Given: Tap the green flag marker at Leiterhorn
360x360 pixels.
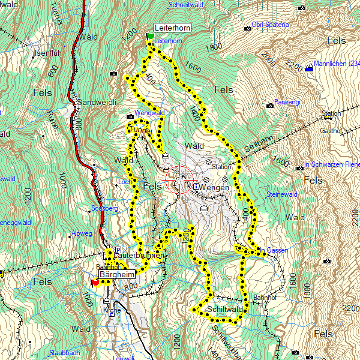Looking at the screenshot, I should [150, 37].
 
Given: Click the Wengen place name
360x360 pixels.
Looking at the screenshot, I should [215, 188].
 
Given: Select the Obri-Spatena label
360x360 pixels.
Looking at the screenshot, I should [271, 25].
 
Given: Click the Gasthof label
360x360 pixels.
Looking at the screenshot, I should [330, 130].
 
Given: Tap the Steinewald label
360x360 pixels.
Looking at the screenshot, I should [282, 194].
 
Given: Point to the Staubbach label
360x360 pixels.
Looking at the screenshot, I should [65, 353].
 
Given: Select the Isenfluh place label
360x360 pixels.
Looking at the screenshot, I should [49, 53].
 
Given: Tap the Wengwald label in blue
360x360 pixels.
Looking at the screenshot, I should [149, 113].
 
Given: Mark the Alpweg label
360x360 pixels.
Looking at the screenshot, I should [82, 233].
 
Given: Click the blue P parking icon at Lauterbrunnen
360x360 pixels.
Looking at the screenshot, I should [118, 250].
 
